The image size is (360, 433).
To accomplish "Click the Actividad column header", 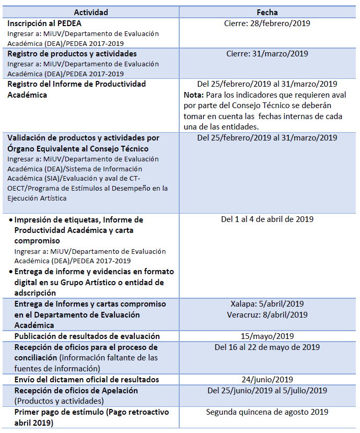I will click(91, 12).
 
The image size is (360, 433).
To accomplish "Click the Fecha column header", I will click(267, 12).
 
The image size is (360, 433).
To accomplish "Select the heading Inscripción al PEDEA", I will click(44, 24).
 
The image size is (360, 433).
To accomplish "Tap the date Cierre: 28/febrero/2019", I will click(267, 24).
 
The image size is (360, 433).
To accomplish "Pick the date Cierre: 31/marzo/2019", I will click(267, 54).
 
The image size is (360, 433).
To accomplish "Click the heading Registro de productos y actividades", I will click(72, 54).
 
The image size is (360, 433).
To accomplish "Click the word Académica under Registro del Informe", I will click(27, 95).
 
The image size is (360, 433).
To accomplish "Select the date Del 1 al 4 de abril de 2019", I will click(267, 219).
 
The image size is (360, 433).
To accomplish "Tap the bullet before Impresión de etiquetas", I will click(10, 220).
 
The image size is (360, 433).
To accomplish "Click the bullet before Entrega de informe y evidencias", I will click(10, 272).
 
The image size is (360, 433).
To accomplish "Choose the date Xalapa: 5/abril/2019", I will click(267, 304).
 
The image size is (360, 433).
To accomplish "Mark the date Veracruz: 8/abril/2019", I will click(267, 314).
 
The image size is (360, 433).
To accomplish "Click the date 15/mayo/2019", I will click(267, 336).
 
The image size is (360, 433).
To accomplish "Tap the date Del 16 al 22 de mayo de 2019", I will click(267, 347).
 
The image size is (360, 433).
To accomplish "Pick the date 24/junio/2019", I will click(267, 380).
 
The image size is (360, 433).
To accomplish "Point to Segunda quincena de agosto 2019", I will click(267, 412).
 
